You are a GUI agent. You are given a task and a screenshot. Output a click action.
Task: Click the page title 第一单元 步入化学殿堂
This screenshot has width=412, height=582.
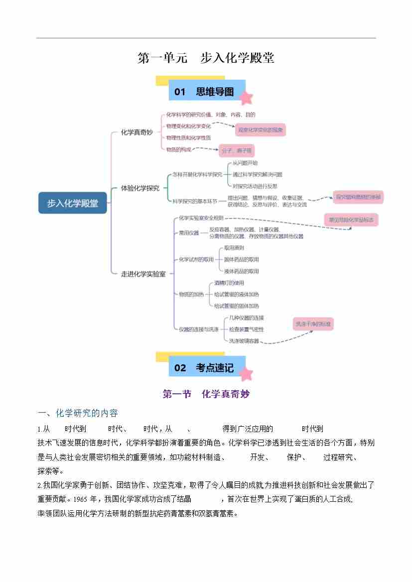206,58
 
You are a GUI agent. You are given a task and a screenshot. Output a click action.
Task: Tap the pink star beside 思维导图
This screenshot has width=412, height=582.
246,98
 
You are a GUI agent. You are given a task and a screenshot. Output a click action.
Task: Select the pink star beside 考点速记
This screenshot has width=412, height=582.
246,373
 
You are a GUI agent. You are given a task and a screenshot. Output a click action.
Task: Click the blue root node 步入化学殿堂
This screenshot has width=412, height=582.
73,203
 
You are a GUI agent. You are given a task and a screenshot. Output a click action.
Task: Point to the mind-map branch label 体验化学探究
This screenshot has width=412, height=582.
140,188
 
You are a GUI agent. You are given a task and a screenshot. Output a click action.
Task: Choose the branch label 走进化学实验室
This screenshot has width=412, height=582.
143,274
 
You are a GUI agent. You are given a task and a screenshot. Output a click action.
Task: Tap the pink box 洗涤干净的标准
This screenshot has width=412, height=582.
312,324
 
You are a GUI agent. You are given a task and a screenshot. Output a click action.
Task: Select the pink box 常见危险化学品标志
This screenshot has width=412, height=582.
351,220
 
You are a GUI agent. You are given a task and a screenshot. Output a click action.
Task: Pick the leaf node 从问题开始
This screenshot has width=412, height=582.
245,163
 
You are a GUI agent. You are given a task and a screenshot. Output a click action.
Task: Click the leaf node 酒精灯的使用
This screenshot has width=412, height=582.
229,283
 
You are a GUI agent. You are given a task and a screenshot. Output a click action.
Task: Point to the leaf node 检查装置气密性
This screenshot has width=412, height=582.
246,330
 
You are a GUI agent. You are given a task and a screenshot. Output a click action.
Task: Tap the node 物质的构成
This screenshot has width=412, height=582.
178,149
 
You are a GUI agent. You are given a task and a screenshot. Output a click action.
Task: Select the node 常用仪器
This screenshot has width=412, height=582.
189,233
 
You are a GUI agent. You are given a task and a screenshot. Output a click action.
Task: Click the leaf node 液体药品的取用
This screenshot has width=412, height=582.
242,271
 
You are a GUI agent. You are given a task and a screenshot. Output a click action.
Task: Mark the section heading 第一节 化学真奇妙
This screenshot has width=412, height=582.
206,394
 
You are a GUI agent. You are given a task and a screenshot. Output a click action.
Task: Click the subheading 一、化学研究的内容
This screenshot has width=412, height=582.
78,413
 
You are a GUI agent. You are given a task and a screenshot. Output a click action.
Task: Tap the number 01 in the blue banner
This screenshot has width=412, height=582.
180,92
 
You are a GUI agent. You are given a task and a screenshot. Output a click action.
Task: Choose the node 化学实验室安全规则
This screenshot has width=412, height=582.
201,218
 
